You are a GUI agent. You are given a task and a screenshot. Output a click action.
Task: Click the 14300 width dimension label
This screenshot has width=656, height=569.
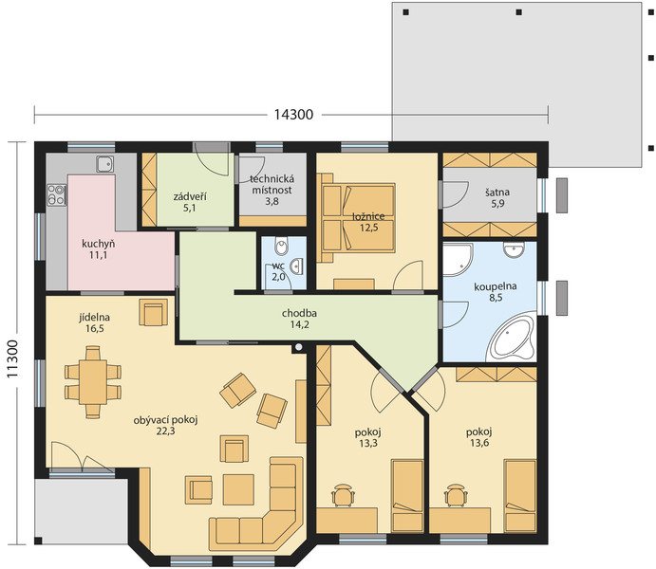(293, 115)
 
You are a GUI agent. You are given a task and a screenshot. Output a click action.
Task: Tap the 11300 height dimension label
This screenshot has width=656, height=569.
(12, 359)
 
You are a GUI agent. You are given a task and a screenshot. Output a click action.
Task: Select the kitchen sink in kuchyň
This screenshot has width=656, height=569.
(104, 164)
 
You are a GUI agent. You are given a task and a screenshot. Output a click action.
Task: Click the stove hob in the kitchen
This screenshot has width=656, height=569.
(56, 194)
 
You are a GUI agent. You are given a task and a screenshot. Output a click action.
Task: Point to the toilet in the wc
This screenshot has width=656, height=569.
(282, 246)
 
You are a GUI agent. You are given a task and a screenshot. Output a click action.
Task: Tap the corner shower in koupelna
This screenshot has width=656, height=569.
(458, 260)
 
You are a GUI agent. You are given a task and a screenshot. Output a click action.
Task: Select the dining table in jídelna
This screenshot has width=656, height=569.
(93, 382)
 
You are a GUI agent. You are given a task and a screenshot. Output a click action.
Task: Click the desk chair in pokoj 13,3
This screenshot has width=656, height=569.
(343, 495)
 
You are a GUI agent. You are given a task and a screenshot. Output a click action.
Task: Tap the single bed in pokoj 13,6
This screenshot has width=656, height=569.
(520, 496)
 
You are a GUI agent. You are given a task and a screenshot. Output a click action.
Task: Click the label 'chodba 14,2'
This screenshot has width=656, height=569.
(299, 319)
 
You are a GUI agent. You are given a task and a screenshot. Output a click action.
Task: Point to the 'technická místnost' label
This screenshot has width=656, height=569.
(272, 185)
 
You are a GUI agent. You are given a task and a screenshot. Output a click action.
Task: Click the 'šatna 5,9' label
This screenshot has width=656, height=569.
(497, 197)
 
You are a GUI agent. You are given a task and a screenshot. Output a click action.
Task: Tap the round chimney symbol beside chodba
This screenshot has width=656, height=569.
(299, 347)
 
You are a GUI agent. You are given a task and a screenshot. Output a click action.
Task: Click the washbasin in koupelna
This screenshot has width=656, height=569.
(514, 249)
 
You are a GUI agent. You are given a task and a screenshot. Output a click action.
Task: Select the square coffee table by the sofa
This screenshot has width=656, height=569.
(238, 489)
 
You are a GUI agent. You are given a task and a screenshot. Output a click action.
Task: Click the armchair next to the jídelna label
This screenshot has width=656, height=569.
(153, 312)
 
